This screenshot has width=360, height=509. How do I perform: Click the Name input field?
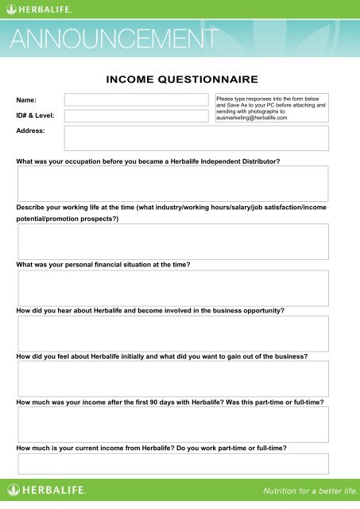138,100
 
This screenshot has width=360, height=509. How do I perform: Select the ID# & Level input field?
138,116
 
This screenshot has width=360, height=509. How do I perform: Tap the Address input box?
195,138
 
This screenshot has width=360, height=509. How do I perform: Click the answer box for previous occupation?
172,184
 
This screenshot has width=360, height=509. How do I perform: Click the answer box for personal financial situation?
172,288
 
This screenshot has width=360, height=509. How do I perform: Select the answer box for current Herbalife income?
172,464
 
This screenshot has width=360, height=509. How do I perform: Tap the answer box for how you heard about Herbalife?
172,334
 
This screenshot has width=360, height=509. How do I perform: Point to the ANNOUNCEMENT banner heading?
114,39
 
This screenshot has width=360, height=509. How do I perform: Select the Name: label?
27,100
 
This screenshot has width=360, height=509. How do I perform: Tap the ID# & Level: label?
35,116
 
